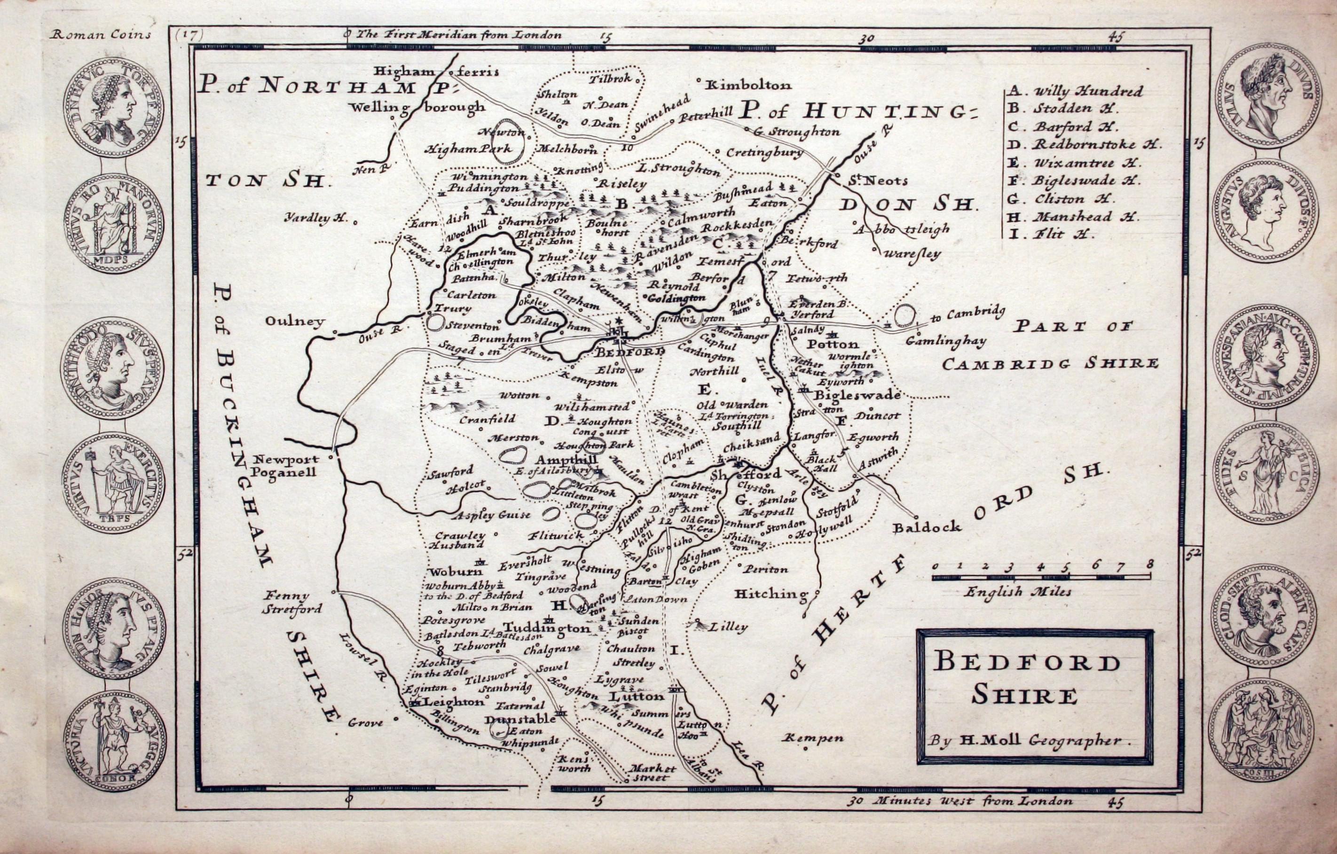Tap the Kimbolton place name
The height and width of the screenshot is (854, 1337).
click(747, 86)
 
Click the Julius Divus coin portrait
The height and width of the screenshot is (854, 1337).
click(1266, 97)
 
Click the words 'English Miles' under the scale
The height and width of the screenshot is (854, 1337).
click(1017, 591)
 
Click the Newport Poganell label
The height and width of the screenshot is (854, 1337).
click(285, 465)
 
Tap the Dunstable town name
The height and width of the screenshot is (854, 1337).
click(519, 719)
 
